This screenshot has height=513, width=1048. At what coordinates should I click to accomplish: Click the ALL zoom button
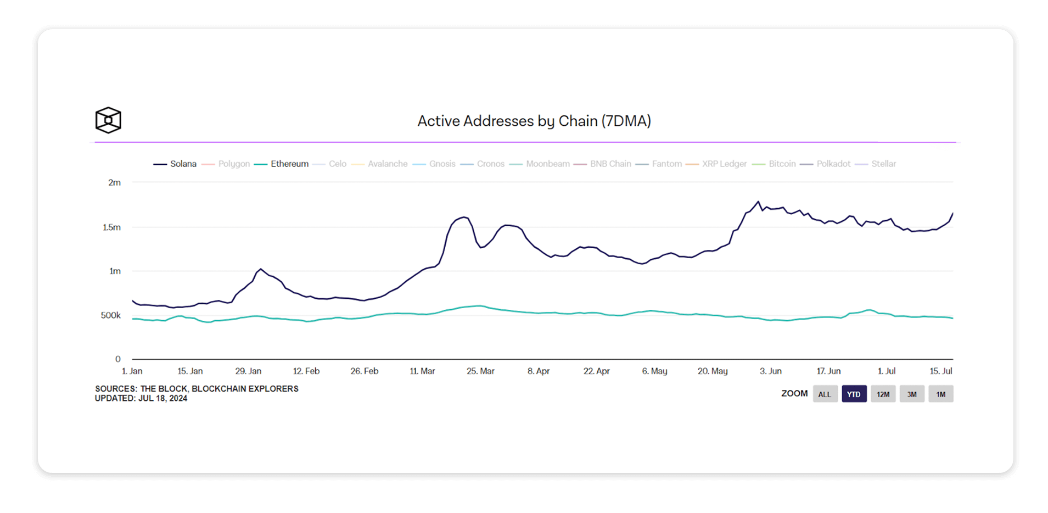[825, 394]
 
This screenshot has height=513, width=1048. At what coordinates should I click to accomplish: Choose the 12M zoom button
[883, 394]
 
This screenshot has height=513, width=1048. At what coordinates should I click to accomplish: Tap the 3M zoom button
[912, 394]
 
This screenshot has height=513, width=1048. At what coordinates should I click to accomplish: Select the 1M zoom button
[940, 394]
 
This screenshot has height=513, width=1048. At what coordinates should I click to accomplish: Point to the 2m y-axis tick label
[114, 182]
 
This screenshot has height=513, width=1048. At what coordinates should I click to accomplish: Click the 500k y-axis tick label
[111, 315]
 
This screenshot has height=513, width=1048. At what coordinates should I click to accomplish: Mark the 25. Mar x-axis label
[480, 371]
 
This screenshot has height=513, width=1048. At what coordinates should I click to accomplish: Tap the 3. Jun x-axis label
[771, 371]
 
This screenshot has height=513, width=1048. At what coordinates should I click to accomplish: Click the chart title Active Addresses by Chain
[534, 121]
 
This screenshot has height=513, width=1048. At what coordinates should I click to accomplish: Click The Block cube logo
[108, 120]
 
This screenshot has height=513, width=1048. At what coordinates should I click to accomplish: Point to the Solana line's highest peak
[758, 202]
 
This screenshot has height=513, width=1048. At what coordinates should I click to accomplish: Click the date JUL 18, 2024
[162, 398]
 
